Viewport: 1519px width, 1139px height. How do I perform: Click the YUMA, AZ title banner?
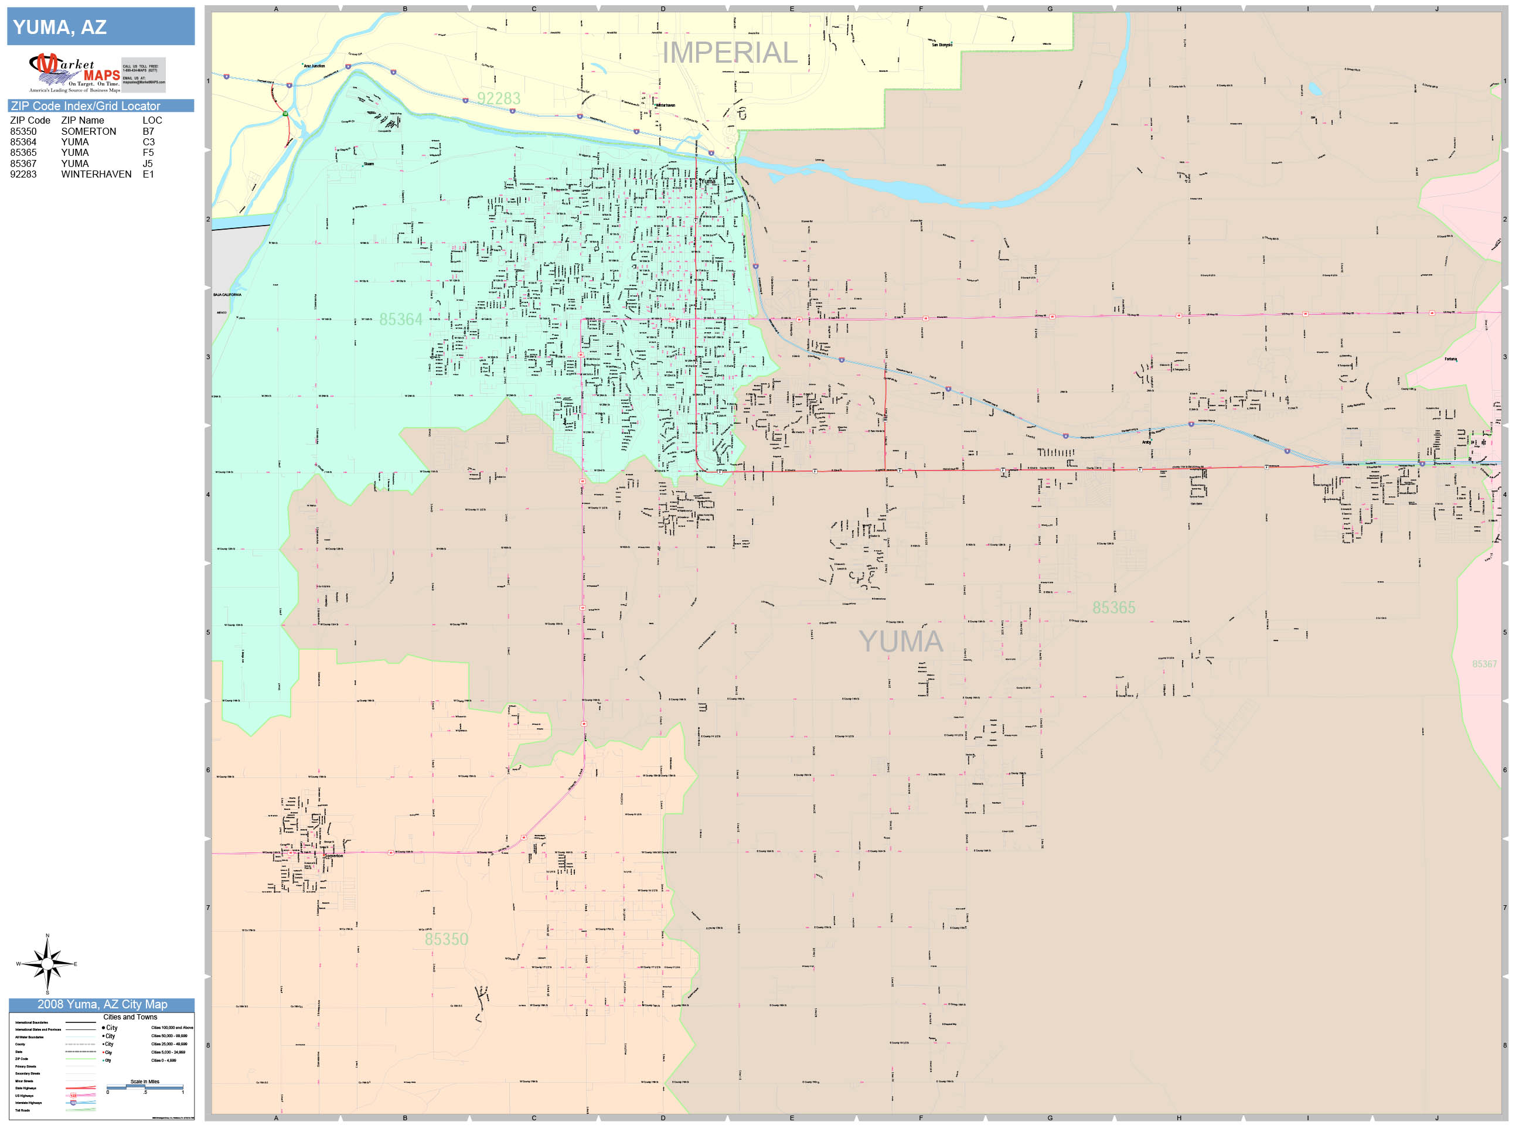100,27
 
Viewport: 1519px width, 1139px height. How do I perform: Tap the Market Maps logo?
75,73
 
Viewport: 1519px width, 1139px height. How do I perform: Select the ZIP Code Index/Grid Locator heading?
85,105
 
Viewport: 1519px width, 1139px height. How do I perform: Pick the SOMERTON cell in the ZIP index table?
88,131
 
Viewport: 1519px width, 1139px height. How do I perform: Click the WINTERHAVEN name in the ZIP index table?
96,175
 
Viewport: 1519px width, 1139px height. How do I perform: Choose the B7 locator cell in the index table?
148,131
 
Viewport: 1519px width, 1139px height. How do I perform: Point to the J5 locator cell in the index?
148,163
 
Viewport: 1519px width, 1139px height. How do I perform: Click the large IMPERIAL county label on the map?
729,53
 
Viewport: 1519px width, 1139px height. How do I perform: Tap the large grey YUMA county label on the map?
900,641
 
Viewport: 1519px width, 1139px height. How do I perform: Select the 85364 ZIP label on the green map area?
400,319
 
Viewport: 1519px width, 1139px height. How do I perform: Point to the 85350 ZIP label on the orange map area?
447,939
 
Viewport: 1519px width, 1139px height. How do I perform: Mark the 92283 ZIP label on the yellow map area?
499,99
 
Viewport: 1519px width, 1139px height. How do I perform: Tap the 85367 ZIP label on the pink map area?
1484,664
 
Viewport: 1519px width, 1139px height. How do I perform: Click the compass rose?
47,964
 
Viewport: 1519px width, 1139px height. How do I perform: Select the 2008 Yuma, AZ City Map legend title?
101,1004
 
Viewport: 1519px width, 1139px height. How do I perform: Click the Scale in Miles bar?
144,1087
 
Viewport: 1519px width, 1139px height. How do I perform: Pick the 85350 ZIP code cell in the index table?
23,131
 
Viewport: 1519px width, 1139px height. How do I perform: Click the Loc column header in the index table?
152,120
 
